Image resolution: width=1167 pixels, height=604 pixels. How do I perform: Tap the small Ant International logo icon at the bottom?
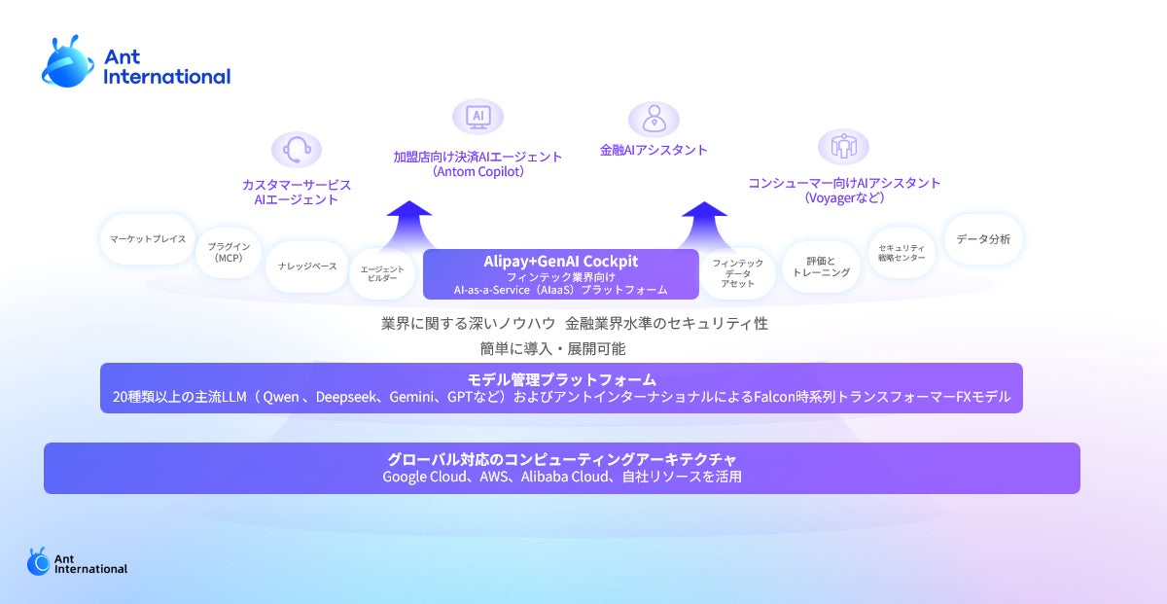(x=38, y=561)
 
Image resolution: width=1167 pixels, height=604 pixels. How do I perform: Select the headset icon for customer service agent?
(x=297, y=151)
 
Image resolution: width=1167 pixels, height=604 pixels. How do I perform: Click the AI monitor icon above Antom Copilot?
(x=477, y=117)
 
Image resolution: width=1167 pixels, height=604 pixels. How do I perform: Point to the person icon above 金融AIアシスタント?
(x=654, y=119)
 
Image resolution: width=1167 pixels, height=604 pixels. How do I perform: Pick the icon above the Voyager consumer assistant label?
(x=843, y=147)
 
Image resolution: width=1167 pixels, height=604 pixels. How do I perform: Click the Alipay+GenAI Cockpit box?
(x=561, y=274)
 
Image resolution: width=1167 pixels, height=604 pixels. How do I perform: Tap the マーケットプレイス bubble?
(x=148, y=239)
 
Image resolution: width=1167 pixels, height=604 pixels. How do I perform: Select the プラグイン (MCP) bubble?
(x=230, y=253)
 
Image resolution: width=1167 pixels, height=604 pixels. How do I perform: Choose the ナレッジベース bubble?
(x=306, y=265)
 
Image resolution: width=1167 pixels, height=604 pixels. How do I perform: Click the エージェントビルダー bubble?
(x=381, y=273)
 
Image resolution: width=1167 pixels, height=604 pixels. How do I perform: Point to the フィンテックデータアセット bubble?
(x=737, y=273)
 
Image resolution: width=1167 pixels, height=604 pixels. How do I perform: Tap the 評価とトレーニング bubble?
(x=821, y=266)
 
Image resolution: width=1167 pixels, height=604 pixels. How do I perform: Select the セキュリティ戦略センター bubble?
(x=902, y=253)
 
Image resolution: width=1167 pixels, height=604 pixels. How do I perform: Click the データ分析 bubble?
(x=982, y=239)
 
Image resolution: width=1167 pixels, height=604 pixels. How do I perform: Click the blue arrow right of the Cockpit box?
(x=704, y=224)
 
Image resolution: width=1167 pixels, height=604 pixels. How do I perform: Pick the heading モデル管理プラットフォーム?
(x=561, y=379)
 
